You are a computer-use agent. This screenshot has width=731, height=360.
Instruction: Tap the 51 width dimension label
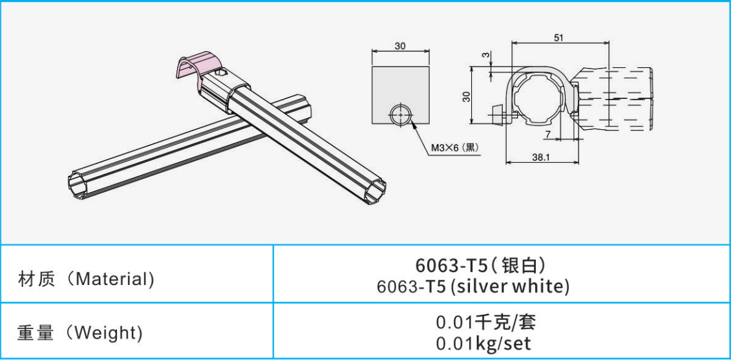pyautogui.click(x=558, y=37)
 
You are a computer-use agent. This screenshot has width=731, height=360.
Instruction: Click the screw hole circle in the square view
pyautogui.click(x=401, y=115)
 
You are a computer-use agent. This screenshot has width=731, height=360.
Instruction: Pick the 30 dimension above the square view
pyautogui.click(x=400, y=46)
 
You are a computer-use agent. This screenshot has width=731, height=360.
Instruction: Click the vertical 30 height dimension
pyautogui.click(x=466, y=96)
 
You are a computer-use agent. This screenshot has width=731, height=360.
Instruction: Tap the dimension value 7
pyautogui.click(x=548, y=134)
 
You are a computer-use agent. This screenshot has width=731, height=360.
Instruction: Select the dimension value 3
pyautogui.click(x=485, y=56)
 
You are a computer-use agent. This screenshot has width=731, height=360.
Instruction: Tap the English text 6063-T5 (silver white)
pyautogui.click(x=473, y=286)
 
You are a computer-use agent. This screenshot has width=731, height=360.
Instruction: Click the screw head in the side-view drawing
pyautogui.click(x=498, y=114)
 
